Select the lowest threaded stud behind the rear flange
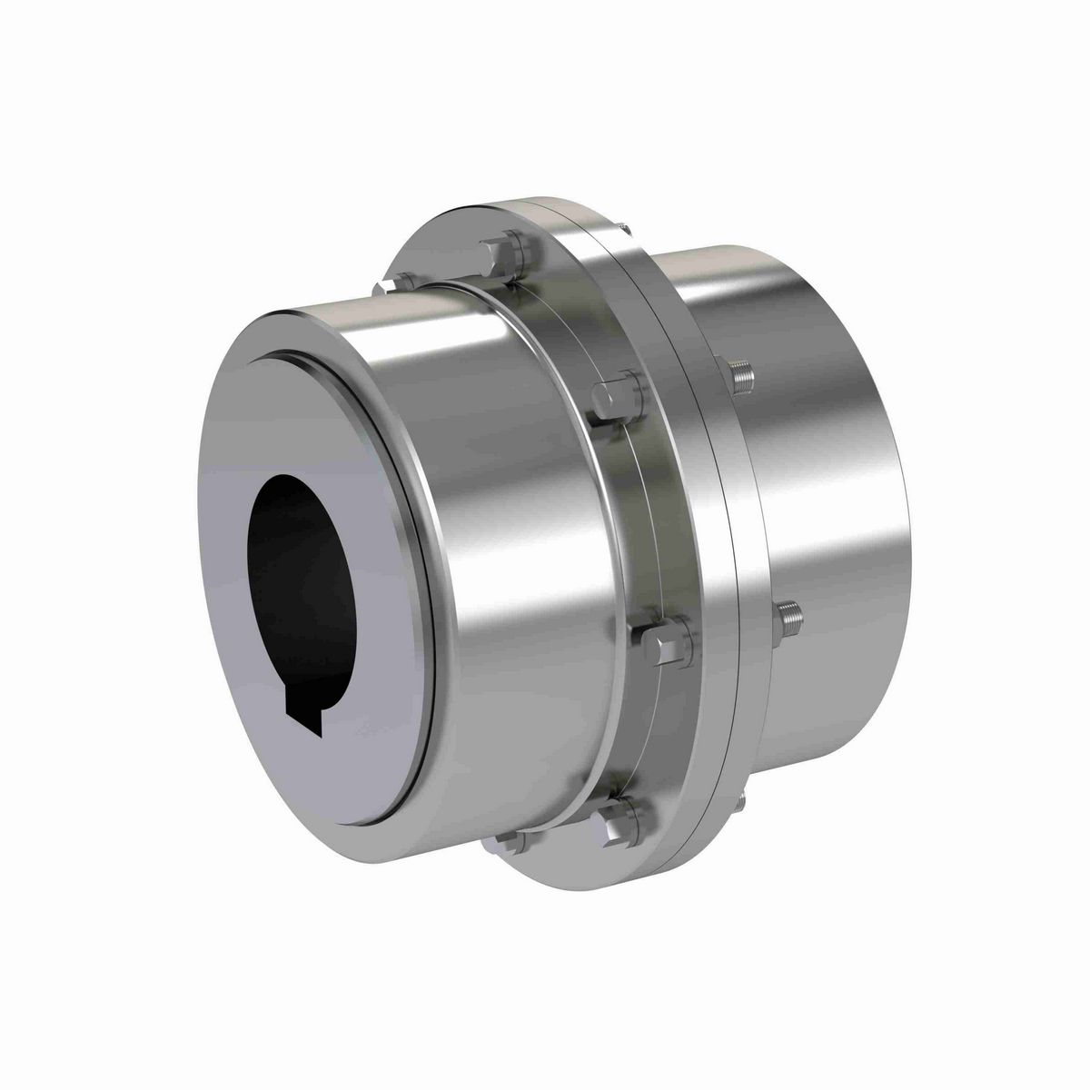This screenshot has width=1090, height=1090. (743, 799)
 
